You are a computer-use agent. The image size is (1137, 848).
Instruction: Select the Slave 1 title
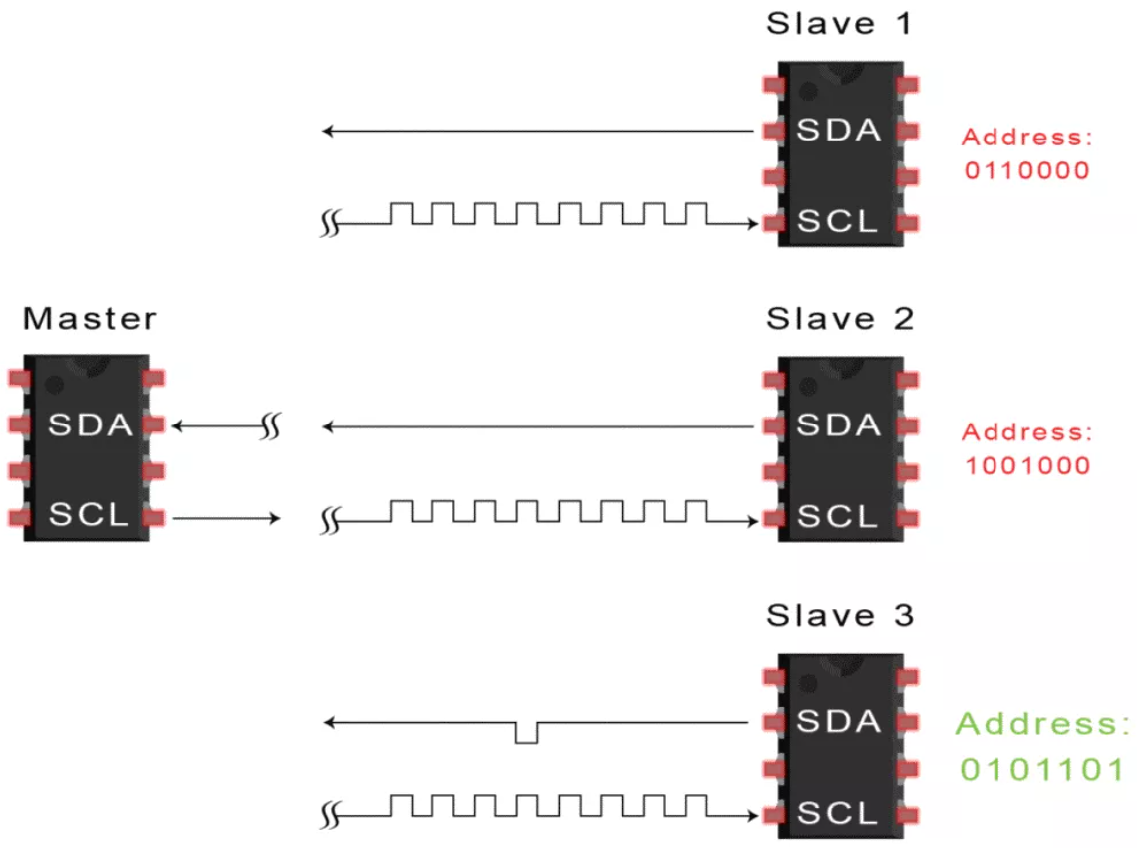[838, 23]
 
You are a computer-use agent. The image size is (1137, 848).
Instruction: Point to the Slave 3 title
[839, 615]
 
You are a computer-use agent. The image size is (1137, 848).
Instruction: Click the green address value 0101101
[1042, 769]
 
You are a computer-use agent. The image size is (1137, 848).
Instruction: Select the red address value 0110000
[1026, 170]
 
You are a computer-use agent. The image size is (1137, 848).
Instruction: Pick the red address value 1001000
[1026, 465]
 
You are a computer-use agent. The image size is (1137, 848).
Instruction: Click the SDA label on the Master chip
[91, 425]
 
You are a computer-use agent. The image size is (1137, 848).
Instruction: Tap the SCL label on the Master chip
[89, 516]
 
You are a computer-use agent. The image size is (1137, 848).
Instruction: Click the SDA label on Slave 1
[839, 130]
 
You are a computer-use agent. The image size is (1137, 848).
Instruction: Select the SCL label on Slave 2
[839, 517]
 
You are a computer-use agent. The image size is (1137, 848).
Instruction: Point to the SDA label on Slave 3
[839, 721]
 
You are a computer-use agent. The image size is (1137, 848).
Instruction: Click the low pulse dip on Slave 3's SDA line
[527, 734]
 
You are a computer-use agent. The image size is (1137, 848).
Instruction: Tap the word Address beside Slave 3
[1042, 724]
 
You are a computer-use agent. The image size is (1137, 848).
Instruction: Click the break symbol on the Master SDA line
[269, 427]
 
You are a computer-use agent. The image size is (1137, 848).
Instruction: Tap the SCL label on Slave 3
[839, 812]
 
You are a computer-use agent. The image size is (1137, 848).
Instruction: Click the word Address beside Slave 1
[1026, 138]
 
